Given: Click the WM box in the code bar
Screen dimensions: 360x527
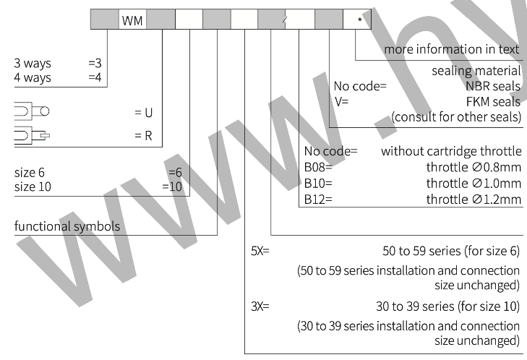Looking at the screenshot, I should (132, 20).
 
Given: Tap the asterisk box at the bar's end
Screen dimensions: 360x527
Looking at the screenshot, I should (358, 20).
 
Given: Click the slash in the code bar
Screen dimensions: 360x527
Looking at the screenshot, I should (286, 20).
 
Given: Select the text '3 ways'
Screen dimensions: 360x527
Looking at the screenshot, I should (33, 64).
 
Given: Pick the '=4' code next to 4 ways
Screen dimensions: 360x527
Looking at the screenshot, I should (95, 77).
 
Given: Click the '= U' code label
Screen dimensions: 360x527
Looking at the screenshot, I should (144, 113).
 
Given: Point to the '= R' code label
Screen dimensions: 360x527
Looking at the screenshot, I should (143, 135).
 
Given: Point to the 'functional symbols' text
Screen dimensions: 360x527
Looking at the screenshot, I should (67, 226).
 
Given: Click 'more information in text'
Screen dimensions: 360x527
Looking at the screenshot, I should (452, 50).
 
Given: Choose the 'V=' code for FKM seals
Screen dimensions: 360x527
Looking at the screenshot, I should (341, 101).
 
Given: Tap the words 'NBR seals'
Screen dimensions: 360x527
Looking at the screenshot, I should (493, 87).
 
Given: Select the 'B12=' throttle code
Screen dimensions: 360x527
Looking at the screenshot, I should (318, 199).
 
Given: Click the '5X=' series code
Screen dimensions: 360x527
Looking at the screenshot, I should (260, 252).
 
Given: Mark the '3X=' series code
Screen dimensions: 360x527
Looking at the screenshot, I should (260, 306).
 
